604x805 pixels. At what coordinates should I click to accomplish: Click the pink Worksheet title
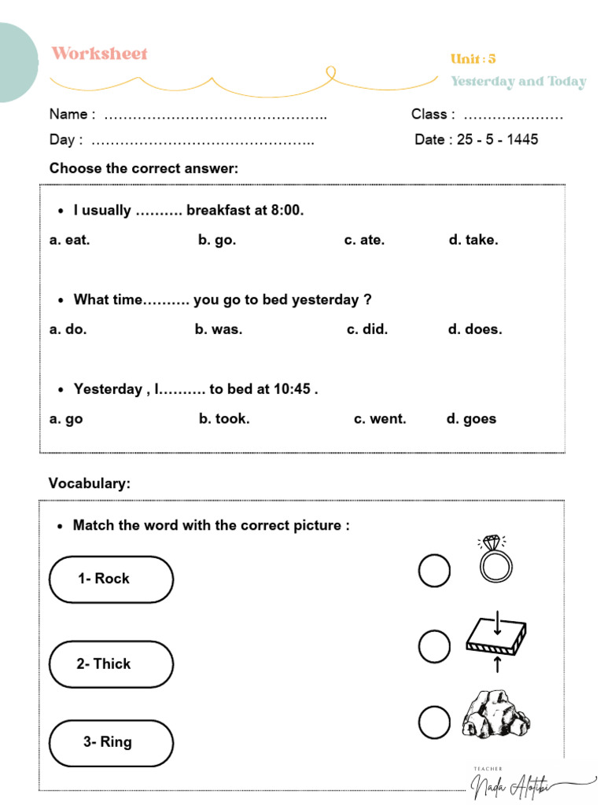click(99, 53)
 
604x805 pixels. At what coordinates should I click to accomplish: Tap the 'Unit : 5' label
click(473, 59)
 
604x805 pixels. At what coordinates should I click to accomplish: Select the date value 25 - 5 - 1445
click(497, 139)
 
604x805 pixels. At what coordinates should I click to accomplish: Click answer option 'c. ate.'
click(364, 240)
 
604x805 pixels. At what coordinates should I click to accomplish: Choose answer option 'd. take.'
click(473, 240)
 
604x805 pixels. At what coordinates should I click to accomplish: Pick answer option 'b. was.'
click(219, 329)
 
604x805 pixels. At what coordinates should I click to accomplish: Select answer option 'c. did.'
click(367, 329)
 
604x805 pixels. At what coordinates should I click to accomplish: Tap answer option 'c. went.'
click(380, 419)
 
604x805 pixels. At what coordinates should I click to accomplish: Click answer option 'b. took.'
click(224, 419)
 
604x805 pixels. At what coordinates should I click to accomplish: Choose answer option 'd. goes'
click(471, 419)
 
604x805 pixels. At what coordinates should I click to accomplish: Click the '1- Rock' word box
click(111, 579)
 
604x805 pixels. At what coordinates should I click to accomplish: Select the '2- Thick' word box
click(111, 664)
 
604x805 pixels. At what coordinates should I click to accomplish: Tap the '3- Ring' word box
click(111, 742)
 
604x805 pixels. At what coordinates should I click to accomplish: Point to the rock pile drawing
click(495, 714)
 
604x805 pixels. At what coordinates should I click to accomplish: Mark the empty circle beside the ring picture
click(434, 571)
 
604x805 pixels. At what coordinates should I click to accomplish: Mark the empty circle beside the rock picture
click(434, 722)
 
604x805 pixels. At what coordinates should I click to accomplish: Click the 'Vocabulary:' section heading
click(90, 483)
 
